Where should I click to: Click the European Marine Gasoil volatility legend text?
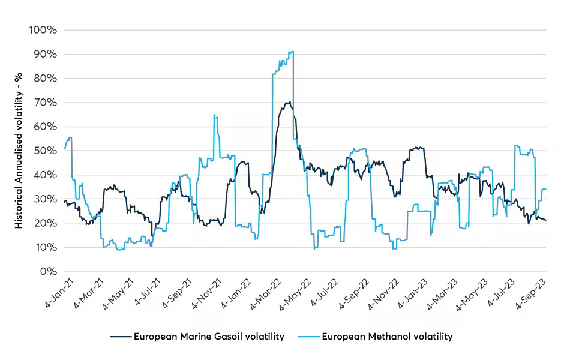click(x=209, y=336)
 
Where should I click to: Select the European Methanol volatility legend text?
click(x=387, y=336)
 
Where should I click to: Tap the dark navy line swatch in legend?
click(x=120, y=336)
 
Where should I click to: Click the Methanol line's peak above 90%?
click(x=292, y=52)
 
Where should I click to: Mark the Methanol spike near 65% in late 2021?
click(x=214, y=115)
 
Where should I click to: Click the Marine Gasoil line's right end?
click(x=545, y=220)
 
